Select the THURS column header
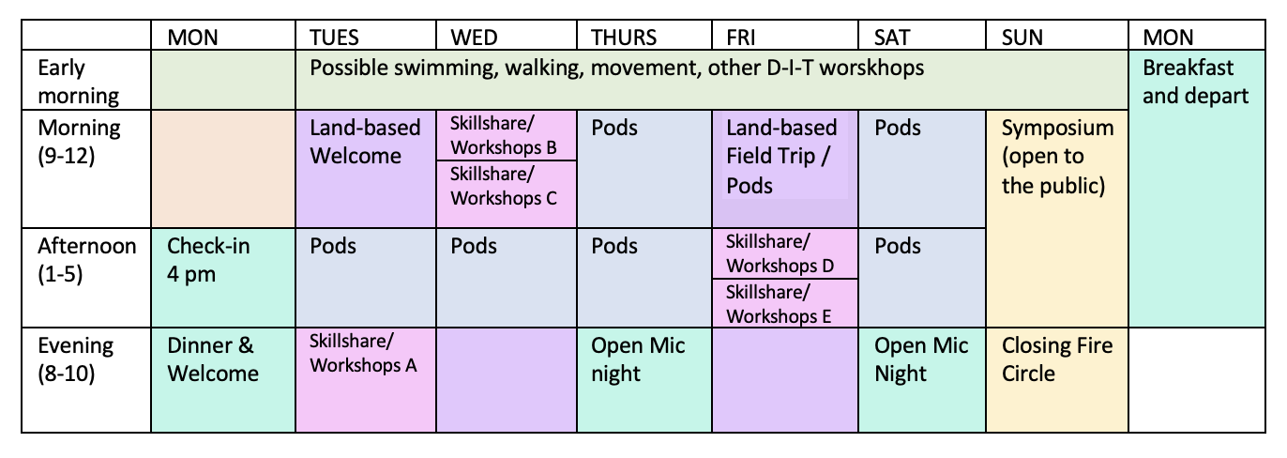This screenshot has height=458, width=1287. [624, 38]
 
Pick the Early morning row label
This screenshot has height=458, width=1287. [79, 82]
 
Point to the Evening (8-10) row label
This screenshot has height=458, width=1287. [75, 359]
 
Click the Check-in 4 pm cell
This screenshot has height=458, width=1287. [208, 260]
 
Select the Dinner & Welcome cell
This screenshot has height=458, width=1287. [213, 359]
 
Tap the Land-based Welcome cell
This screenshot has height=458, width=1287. [365, 141]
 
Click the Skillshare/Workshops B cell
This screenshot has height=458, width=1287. [504, 135]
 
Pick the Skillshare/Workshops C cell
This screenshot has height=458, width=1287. [504, 186]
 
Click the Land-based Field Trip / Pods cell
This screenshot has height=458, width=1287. [780, 156]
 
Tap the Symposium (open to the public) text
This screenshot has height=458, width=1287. [1057, 156]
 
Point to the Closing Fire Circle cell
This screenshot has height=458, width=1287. [1057, 359]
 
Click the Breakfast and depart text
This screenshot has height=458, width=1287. [1195, 82]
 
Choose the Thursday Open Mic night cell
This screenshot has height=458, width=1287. [638, 359]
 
